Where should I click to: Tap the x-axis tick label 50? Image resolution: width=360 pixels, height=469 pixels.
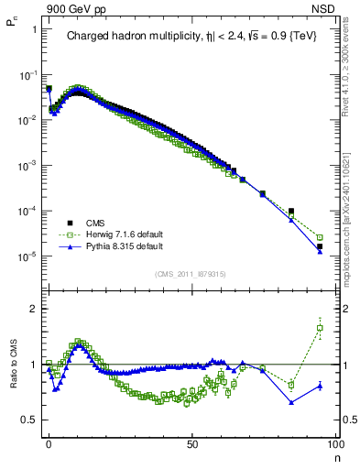191,443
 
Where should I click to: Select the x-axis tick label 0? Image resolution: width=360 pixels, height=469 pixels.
49,443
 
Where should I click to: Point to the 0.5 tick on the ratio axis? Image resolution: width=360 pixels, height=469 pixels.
29,420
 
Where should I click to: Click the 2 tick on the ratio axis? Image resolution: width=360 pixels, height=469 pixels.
34,309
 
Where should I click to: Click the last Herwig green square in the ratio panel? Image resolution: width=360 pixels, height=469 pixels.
320,328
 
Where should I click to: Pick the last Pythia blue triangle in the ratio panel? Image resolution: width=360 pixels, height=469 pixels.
320,386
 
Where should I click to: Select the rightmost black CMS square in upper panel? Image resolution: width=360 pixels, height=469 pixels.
320,246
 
